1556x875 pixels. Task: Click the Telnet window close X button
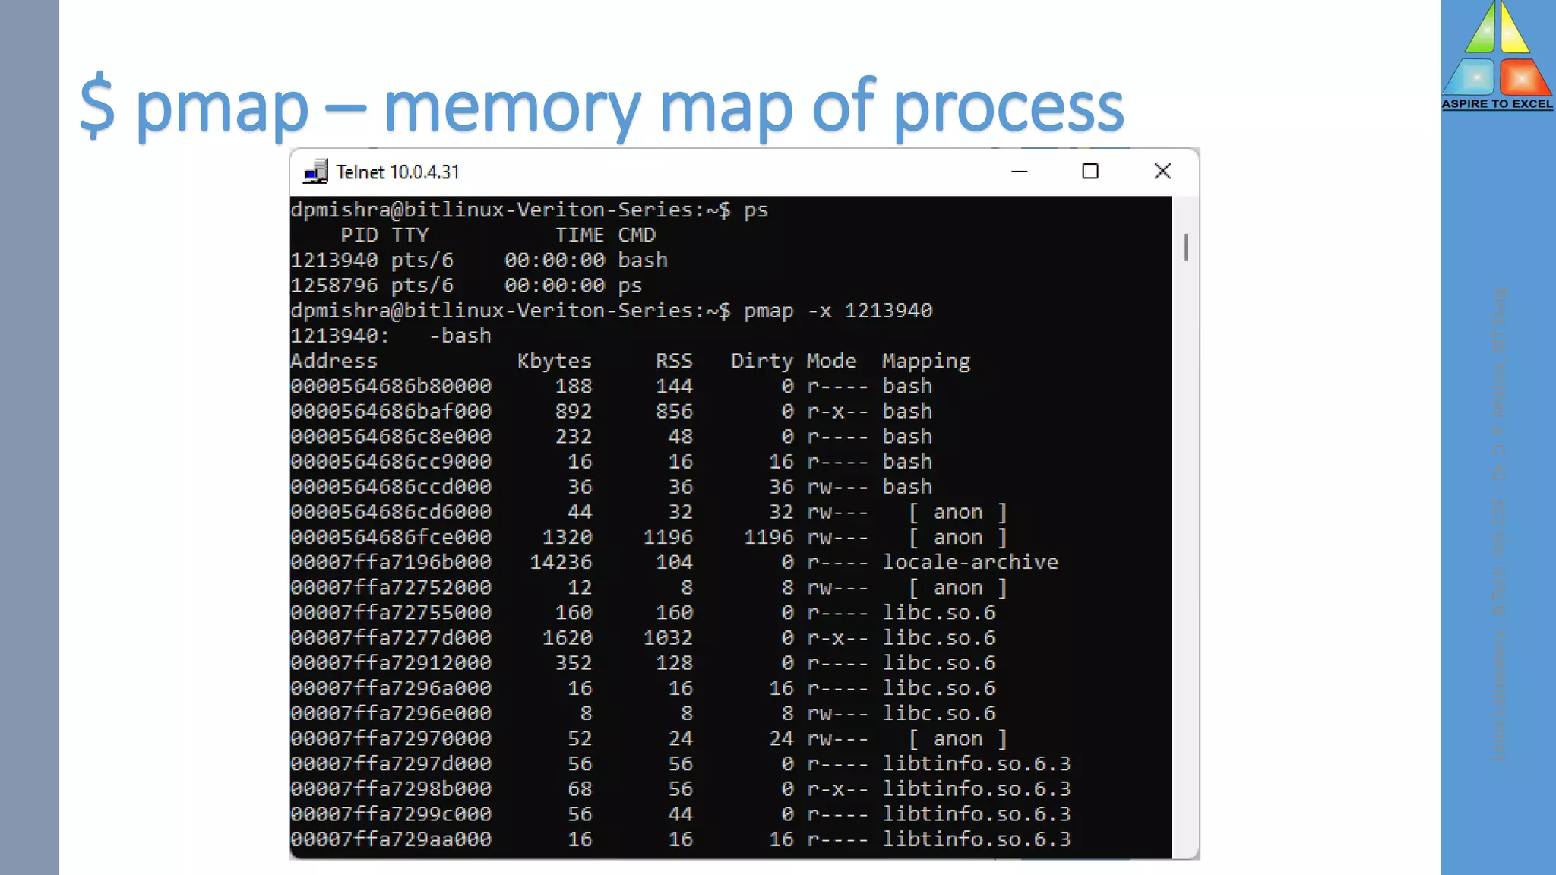click(1162, 172)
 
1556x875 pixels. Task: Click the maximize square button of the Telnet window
click(1090, 172)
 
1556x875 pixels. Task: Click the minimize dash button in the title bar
click(1020, 172)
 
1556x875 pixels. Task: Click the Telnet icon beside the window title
click(315, 172)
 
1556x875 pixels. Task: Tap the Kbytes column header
click(554, 361)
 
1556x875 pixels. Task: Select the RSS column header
click(674, 361)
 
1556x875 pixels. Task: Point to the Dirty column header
click(761, 361)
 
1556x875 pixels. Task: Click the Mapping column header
click(925, 361)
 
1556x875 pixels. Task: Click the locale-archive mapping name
click(969, 562)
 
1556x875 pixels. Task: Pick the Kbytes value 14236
click(561, 562)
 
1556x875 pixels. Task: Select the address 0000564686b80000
click(391, 386)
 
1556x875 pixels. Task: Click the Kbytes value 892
click(573, 411)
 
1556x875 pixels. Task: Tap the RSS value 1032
click(668, 637)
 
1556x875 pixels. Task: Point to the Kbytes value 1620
click(567, 637)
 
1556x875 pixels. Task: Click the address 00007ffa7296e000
click(391, 713)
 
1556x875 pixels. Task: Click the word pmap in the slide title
click(222, 108)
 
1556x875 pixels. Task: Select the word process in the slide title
click(1007, 108)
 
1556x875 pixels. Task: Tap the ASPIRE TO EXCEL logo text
click(1497, 104)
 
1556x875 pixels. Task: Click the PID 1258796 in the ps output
click(334, 286)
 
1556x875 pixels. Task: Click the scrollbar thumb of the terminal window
click(1185, 247)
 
